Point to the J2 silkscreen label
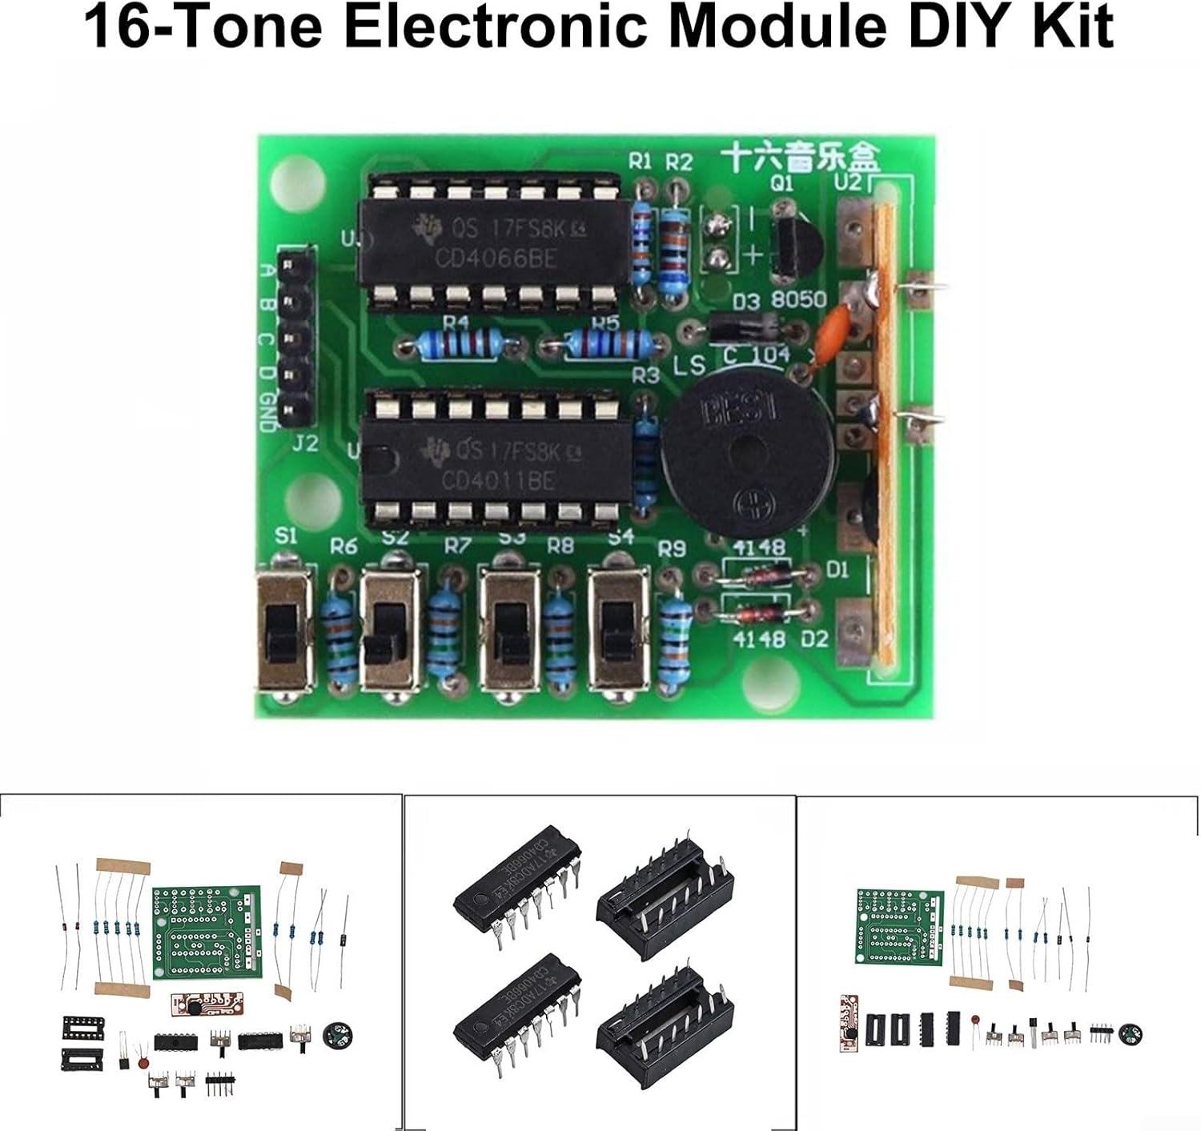[x=304, y=443]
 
